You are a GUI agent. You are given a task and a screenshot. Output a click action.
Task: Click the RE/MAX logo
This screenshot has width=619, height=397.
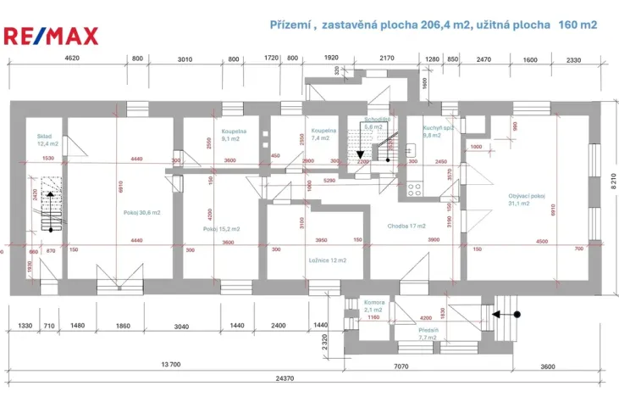[52, 36]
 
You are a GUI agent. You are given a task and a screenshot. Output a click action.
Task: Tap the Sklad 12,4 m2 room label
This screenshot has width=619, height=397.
[46, 139]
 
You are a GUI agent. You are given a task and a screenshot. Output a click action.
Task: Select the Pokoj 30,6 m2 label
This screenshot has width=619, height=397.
[141, 212]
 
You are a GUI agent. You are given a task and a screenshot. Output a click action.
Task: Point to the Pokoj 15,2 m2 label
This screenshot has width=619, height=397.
[222, 229]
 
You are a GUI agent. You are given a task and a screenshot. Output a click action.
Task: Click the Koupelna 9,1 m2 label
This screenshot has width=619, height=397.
[234, 136]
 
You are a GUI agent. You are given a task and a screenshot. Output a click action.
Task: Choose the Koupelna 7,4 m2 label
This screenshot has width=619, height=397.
[323, 135]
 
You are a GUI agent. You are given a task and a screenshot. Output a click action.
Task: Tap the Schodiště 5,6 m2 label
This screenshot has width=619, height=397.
[376, 123]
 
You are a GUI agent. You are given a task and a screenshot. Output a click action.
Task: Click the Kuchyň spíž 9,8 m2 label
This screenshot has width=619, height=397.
[439, 131]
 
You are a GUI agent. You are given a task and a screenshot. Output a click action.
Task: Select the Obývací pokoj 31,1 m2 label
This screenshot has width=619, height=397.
[526, 199]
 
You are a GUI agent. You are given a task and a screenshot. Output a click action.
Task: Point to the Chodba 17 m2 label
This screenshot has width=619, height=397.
[406, 226]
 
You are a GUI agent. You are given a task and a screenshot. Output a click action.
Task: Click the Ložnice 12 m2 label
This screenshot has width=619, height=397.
[327, 260]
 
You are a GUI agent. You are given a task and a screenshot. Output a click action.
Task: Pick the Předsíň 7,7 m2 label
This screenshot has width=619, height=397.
[428, 333]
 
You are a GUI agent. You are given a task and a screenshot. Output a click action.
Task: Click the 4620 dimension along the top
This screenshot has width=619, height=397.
[72, 59]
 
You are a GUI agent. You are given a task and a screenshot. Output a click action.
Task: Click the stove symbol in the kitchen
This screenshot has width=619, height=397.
[415, 189]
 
